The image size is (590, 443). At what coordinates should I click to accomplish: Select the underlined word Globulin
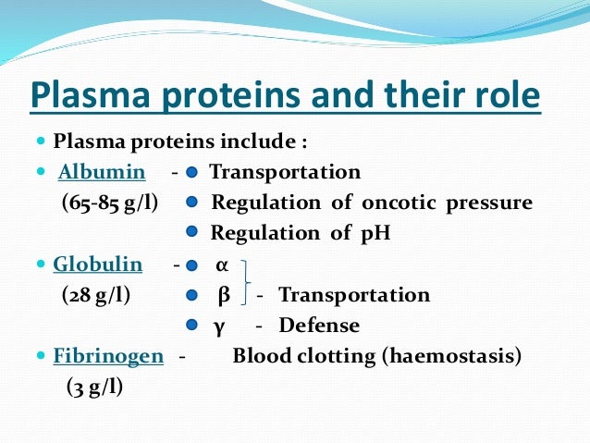pos(98,265)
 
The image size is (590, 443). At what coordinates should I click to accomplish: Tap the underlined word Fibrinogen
pos(108,356)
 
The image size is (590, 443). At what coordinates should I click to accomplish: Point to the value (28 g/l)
pos(96,295)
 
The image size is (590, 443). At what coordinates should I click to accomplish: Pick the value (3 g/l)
pos(94,387)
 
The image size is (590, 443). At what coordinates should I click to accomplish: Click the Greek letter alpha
pos(221,265)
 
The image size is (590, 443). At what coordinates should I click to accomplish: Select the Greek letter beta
pos(222,295)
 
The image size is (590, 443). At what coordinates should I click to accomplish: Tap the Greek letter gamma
pos(220,326)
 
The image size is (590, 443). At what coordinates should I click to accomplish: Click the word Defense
pos(319,326)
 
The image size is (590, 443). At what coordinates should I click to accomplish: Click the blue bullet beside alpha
pos(191,265)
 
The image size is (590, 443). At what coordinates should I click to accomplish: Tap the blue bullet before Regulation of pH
pos(191,234)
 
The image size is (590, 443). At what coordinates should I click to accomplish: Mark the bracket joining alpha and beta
pos(245,280)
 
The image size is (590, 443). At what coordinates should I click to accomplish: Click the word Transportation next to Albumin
pos(285,173)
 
